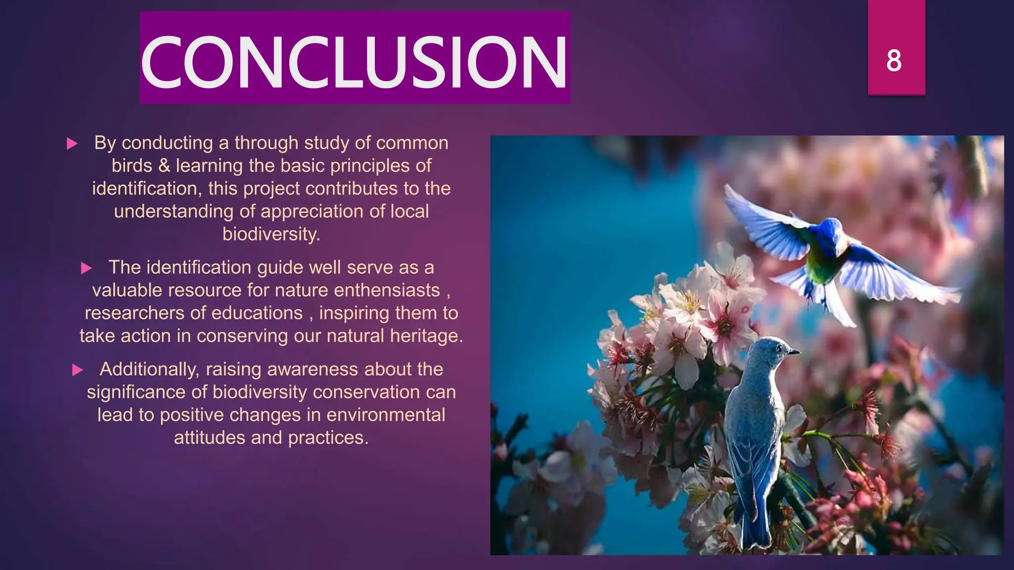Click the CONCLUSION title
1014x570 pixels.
[x=354, y=62]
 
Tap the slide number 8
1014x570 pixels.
[x=894, y=61]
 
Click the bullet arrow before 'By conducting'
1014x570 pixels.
[x=72, y=144]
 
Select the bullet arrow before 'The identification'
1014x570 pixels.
[x=86, y=269]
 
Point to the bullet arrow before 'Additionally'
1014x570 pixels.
[x=77, y=370]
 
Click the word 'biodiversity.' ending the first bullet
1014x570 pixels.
[x=271, y=234]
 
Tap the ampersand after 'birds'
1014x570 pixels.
[x=164, y=166]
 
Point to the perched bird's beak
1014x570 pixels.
[x=794, y=352]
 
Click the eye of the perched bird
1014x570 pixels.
[x=779, y=348]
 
